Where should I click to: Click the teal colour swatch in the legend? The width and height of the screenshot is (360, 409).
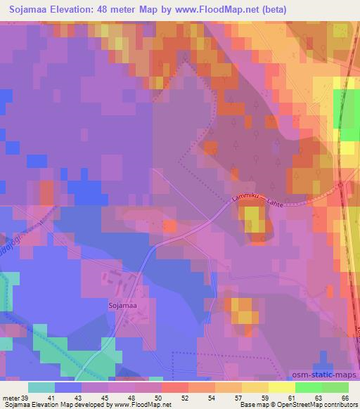(x=41, y=387)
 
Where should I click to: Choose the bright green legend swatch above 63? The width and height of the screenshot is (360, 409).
(x=309, y=387)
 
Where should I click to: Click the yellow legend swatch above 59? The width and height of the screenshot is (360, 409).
(x=255, y=387)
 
